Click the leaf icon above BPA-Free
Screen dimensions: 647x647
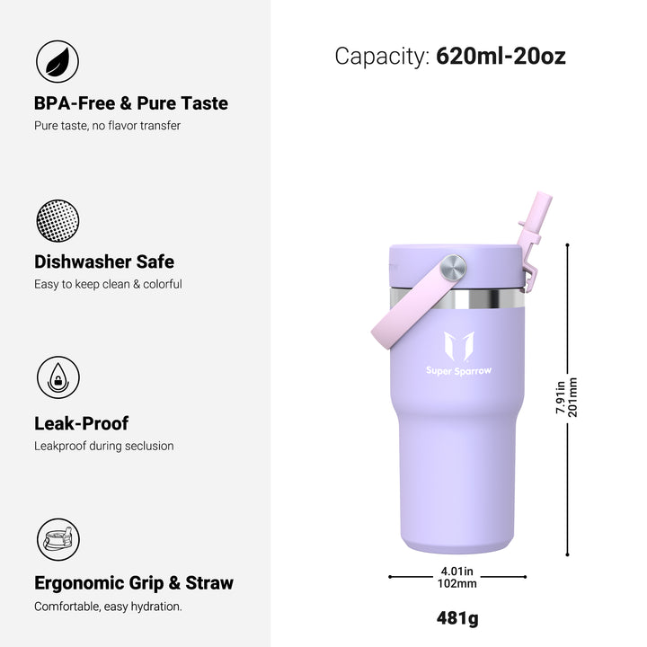tap(58, 61)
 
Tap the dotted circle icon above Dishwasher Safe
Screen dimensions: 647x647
tap(58, 221)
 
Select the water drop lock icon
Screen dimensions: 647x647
tap(58, 377)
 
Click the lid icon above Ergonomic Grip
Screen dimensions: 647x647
tap(58, 539)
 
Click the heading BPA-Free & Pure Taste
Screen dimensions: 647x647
tap(131, 103)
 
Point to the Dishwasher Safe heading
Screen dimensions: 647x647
tap(104, 261)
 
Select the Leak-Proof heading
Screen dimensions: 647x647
tap(81, 423)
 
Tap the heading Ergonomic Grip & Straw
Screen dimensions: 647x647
tap(134, 583)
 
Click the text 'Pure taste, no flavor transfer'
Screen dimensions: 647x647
tap(107, 126)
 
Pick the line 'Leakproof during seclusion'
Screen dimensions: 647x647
tap(104, 446)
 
